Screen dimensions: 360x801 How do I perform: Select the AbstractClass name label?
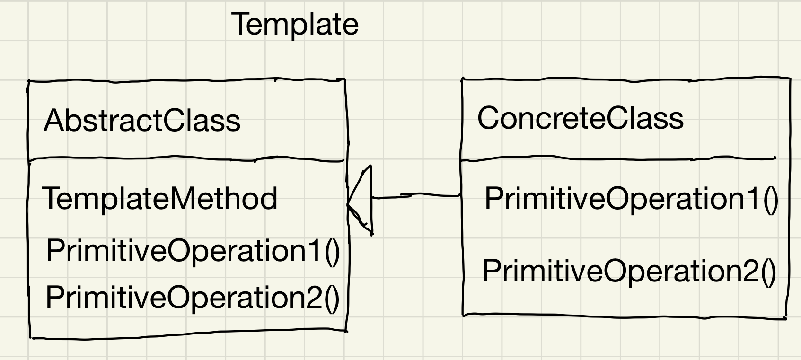tap(142, 121)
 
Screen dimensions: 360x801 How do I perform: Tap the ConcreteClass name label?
tap(580, 118)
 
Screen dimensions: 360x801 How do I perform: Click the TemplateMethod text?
tap(160, 199)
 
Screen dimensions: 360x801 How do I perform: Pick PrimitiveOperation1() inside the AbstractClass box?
tap(193, 251)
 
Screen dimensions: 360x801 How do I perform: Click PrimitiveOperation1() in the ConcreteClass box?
tap(631, 199)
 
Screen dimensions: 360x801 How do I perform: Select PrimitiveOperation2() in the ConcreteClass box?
tap(629, 272)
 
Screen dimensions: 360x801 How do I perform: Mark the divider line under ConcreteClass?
tap(617, 160)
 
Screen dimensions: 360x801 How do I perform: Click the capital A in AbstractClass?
tap(53, 121)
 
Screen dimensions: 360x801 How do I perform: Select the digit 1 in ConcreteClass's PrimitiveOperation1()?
tap(755, 199)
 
